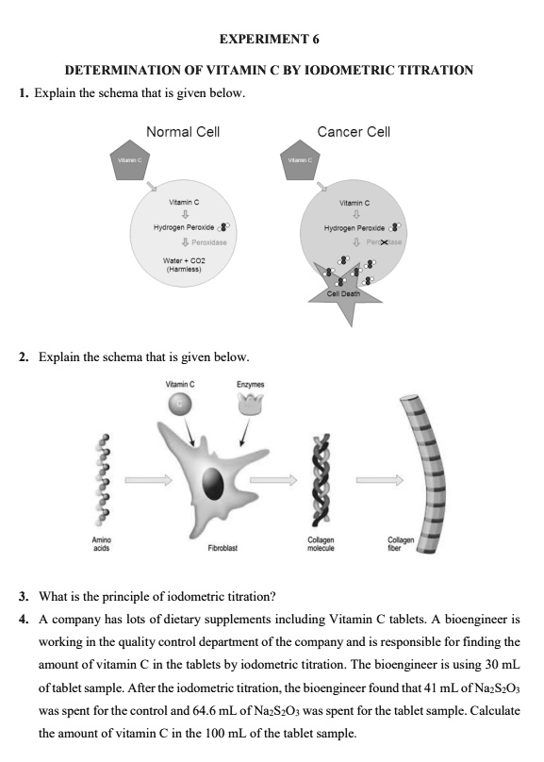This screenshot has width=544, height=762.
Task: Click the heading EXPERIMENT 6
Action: click(x=269, y=39)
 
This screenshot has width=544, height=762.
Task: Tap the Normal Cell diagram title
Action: click(x=183, y=132)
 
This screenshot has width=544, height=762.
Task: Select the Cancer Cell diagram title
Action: click(x=354, y=132)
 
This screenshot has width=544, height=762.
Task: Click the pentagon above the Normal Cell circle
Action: click(x=129, y=161)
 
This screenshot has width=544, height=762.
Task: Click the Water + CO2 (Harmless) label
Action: click(x=184, y=265)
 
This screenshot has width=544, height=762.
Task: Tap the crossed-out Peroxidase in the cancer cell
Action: click(x=385, y=242)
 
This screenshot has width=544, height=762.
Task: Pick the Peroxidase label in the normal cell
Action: click(x=209, y=242)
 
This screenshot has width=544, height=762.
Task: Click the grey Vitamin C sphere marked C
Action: click(x=180, y=404)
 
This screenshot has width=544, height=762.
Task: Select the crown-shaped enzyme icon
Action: click(x=250, y=404)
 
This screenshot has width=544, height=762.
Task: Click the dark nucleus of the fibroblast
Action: click(x=214, y=483)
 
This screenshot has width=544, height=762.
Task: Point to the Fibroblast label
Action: click(x=223, y=548)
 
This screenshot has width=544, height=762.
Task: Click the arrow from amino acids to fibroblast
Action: click(x=148, y=480)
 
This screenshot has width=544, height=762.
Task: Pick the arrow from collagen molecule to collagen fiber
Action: click(x=379, y=480)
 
